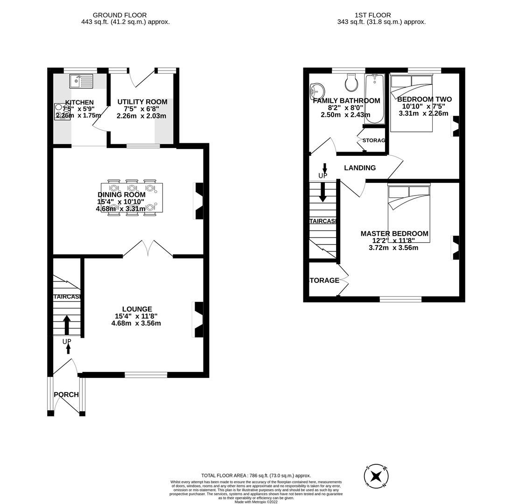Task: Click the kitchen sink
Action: tap(81, 81)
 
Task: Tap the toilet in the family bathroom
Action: tap(351, 83)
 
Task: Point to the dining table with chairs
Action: tap(132, 198)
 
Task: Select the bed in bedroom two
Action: tap(411, 103)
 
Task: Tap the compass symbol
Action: tap(376, 476)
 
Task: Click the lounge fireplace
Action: tap(198, 320)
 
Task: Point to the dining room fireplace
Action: tap(198, 201)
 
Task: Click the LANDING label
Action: tap(359, 168)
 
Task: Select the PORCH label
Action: tap(66, 395)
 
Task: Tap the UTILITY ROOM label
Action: tap(142, 102)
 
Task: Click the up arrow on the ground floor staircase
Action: tap(67, 325)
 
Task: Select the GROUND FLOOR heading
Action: tap(119, 15)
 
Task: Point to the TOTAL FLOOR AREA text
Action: tap(256, 476)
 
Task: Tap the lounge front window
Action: tap(146, 374)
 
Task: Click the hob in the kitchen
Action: tap(63, 112)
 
